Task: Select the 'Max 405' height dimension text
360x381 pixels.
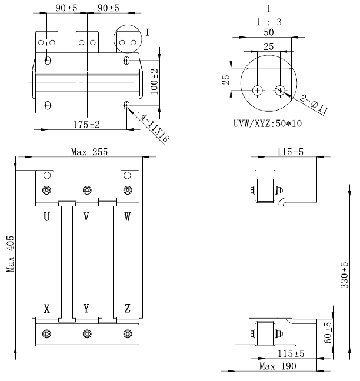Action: tap(11, 252)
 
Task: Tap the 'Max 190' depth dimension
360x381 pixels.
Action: tap(278, 366)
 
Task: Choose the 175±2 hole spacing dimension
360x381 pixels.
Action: tap(86, 125)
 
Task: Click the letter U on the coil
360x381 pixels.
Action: tap(46, 217)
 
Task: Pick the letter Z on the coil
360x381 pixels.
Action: tap(128, 309)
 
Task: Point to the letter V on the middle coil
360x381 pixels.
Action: tap(87, 217)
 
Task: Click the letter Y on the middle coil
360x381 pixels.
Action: tap(87, 309)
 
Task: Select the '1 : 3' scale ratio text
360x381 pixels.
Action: tap(268, 22)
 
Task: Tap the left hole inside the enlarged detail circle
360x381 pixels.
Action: tap(258, 90)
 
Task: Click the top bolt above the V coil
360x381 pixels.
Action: tap(87, 189)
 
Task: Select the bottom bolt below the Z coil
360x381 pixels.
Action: tap(128, 334)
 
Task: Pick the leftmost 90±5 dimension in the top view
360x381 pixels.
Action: tap(60, 8)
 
